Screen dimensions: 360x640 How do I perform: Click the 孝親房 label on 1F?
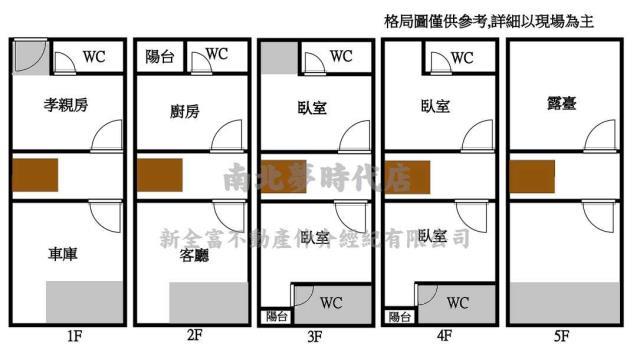68,105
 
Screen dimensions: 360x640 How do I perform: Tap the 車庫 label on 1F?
64,255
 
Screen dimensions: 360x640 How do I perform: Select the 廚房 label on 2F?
185,111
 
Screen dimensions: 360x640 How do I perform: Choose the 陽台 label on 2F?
160,57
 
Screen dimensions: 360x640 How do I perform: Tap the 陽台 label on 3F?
276,317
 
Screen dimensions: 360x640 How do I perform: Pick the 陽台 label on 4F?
400,317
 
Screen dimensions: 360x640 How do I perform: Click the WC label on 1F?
94,57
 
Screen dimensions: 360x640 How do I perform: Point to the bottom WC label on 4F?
457,303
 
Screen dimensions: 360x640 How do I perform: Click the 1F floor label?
74,337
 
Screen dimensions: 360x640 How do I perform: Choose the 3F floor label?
315,337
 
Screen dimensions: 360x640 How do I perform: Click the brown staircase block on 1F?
36,175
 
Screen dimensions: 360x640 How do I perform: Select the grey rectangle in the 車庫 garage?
85,302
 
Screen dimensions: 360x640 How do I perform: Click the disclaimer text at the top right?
489,21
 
